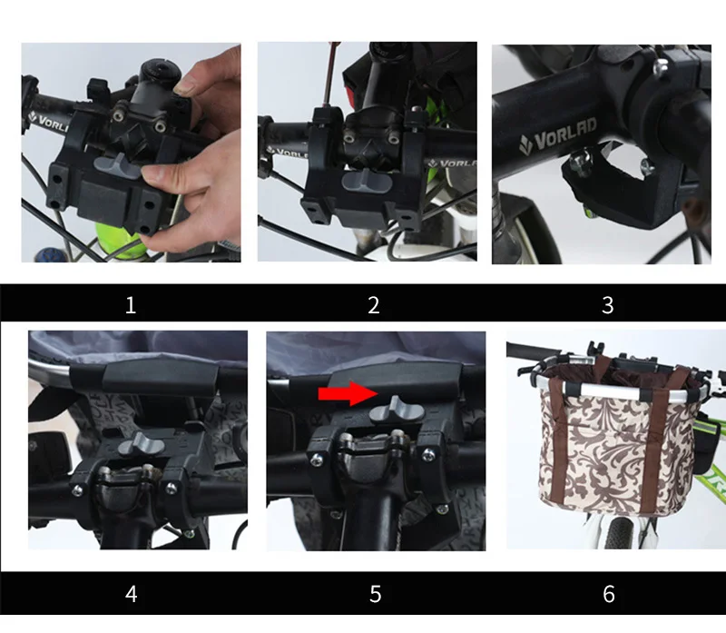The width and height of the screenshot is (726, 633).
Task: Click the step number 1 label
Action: point(131,305)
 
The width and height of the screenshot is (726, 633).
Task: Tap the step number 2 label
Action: point(374,305)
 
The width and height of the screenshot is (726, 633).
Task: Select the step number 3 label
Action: point(608,305)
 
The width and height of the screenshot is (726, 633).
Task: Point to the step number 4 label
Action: point(132,594)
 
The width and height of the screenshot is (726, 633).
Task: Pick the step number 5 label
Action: point(376,594)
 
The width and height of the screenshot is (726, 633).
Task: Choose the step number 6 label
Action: point(609,594)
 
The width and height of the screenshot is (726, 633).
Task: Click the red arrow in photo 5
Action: point(348,393)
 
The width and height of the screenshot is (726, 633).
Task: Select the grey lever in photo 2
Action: point(367,181)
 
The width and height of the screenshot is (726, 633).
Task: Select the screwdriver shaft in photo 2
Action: point(331,75)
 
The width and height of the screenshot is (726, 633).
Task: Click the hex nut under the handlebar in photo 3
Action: point(579,161)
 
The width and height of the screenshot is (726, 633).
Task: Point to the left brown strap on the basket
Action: point(560,438)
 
